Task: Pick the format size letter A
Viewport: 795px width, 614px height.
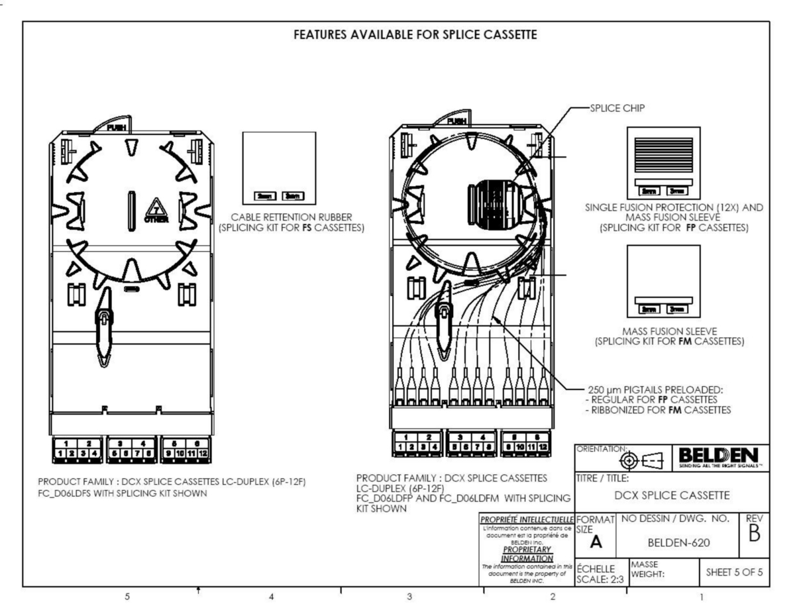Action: (596, 542)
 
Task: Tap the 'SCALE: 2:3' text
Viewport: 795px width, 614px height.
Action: (594, 578)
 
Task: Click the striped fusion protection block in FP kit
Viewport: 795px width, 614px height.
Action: (663, 156)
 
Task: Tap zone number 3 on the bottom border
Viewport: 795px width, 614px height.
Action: (409, 596)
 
